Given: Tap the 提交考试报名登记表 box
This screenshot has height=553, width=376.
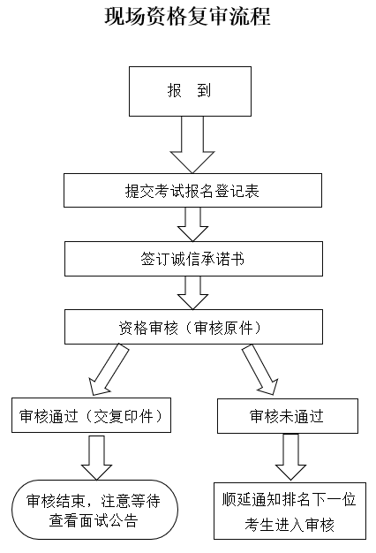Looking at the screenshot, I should (192, 190).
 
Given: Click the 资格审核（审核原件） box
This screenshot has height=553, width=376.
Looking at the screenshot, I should (192, 327).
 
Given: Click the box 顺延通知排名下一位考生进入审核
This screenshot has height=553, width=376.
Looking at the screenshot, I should (288, 510).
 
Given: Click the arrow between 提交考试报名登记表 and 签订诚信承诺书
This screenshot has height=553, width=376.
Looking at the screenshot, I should (192, 223).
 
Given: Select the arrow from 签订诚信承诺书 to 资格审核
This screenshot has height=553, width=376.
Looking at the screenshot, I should (192, 292).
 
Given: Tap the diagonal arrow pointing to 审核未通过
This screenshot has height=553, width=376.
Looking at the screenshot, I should (261, 367).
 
